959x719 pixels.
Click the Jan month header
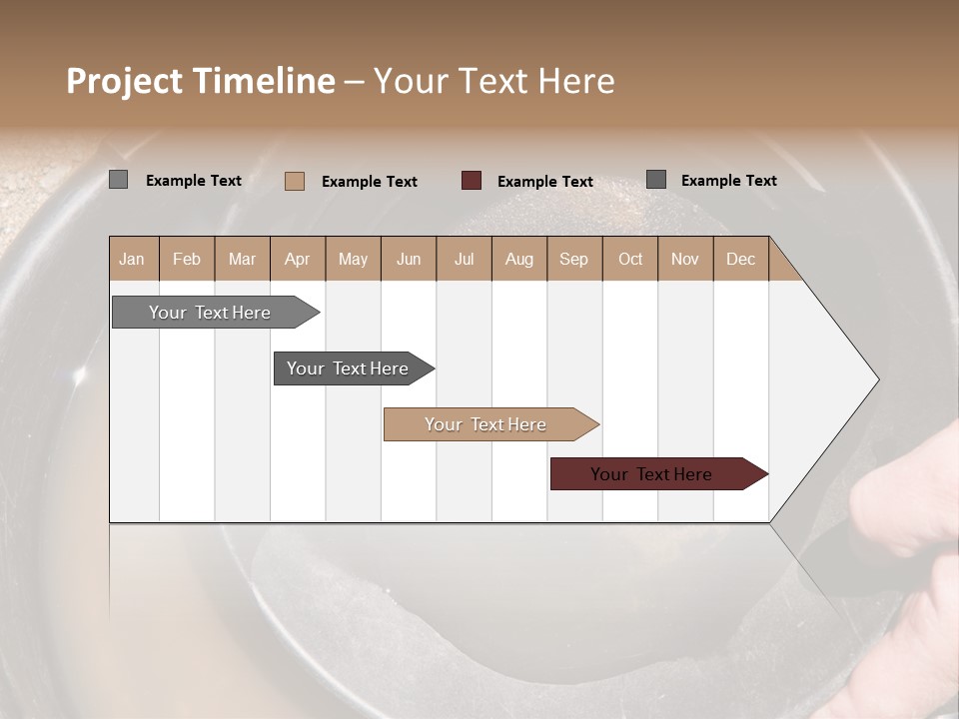tap(133, 259)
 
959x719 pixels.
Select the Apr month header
tap(298, 259)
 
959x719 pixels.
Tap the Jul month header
tap(464, 259)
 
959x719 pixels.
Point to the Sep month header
tap(574, 259)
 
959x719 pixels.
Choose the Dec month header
tap(740, 259)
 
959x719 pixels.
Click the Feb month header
tap(187, 259)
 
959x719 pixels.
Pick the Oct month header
tap(630, 259)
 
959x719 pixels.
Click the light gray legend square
tap(119, 180)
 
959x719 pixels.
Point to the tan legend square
tap(295, 181)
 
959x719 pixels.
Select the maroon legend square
tap(472, 181)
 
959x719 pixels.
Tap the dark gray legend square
tap(656, 180)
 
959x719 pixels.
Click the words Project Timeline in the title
tap(200, 81)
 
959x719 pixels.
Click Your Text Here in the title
tap(494, 81)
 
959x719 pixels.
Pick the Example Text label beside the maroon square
tap(545, 182)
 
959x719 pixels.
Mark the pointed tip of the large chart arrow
tap(876, 379)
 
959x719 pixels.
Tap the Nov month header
tap(685, 259)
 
